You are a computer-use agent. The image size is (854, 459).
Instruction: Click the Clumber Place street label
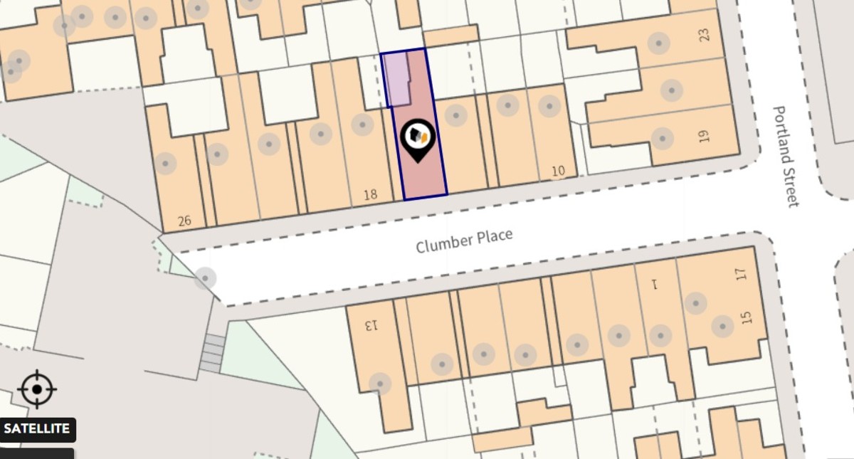463,241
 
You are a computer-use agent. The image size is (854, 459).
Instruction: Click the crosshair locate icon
37,389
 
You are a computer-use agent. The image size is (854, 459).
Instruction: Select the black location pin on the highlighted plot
417,140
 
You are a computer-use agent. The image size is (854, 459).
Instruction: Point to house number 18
370,194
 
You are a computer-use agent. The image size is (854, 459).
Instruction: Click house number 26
184,221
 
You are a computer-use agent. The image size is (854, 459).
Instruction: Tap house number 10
558,171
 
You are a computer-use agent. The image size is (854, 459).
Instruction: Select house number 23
705,34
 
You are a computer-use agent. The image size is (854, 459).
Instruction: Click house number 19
705,136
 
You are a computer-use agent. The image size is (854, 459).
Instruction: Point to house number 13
371,326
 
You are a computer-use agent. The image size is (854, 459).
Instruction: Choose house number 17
741,273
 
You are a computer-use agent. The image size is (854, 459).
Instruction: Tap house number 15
746,317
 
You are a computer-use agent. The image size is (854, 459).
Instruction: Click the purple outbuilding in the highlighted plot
396,79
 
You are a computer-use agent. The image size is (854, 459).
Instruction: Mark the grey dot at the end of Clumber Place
205,278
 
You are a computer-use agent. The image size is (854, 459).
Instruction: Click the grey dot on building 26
165,164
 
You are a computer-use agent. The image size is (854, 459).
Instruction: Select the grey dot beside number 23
659,43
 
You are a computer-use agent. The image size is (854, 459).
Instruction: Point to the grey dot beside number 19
662,138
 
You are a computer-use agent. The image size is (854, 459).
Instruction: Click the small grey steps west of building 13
211,353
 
